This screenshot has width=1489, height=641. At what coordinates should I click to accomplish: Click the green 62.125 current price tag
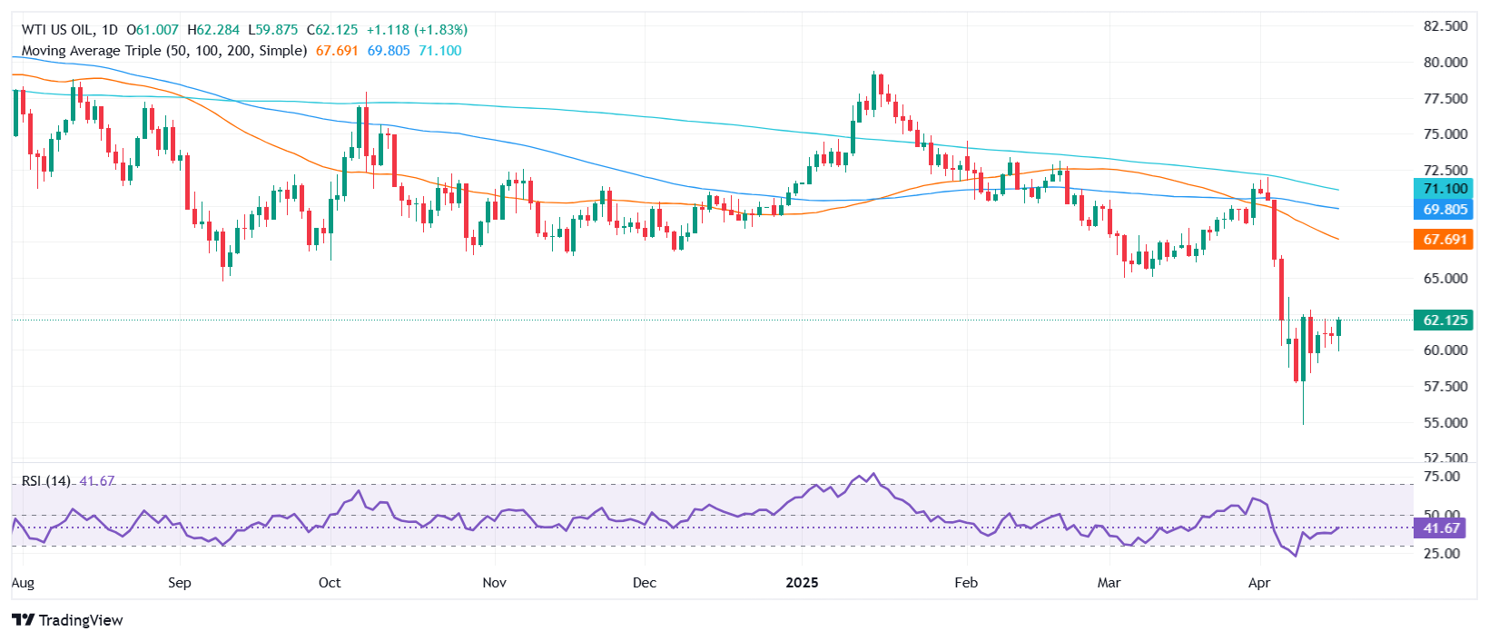point(1444,320)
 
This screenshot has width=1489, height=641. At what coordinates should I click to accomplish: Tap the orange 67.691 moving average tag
point(1444,240)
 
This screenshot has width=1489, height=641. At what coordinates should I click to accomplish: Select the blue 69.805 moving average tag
point(1444,210)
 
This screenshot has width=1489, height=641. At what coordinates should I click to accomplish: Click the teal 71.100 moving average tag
point(1444,189)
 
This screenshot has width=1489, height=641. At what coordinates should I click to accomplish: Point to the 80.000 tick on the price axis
point(1445,63)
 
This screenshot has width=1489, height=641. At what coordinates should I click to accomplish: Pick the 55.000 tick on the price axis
point(1445,422)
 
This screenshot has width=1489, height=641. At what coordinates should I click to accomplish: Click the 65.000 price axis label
point(1445,279)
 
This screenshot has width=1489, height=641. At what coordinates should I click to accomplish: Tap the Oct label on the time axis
point(330,583)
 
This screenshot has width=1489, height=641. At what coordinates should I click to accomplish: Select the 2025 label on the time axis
point(802,583)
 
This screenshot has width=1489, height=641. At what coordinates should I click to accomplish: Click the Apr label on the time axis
point(1259,583)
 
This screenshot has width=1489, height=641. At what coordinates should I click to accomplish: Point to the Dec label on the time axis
point(644,583)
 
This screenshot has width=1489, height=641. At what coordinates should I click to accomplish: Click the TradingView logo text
point(68,620)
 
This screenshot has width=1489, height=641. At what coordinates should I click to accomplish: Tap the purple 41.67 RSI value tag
point(1441,528)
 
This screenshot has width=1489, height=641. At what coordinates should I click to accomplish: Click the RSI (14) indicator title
point(46,481)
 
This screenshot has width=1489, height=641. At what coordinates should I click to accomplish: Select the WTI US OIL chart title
point(58,30)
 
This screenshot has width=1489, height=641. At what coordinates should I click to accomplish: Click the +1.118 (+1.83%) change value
point(417,30)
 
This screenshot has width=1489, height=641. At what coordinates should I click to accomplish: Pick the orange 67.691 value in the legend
point(337,51)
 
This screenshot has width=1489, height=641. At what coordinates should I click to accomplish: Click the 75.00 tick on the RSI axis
point(1442,477)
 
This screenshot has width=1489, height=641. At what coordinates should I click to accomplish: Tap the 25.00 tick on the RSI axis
point(1442,553)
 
